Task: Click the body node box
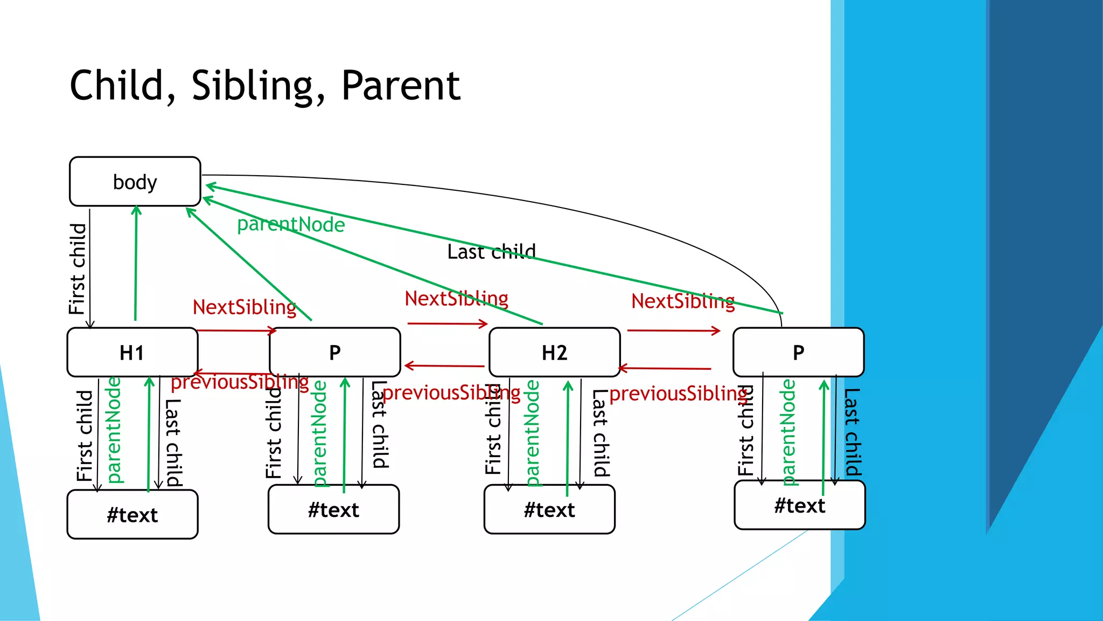coord(135,182)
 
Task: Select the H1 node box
coord(132,352)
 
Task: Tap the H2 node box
coord(554,352)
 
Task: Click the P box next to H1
coord(334,352)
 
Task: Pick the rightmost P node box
coord(798,352)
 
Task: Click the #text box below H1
coord(132,514)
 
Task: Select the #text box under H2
coord(549,509)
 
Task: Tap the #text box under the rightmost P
coord(799,505)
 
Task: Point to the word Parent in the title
coord(401,86)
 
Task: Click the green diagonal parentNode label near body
coord(291,224)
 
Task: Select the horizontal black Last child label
coord(491,252)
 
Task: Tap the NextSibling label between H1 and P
coord(245,307)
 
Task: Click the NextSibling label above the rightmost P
coord(683,301)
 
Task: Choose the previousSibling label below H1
coord(240,382)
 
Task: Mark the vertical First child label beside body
coord(78,268)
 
